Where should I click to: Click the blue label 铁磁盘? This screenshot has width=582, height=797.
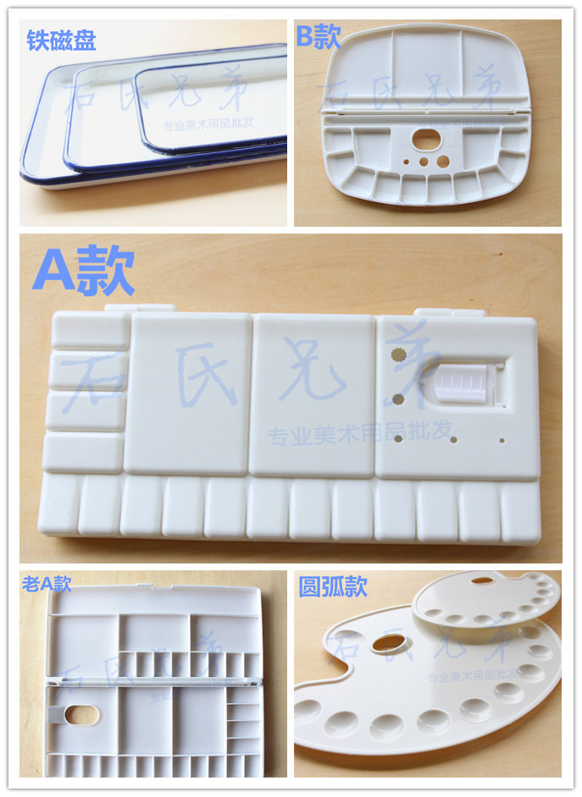[61, 40]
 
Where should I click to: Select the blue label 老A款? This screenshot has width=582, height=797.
[46, 583]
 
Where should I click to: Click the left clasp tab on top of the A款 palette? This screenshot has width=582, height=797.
[141, 310]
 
